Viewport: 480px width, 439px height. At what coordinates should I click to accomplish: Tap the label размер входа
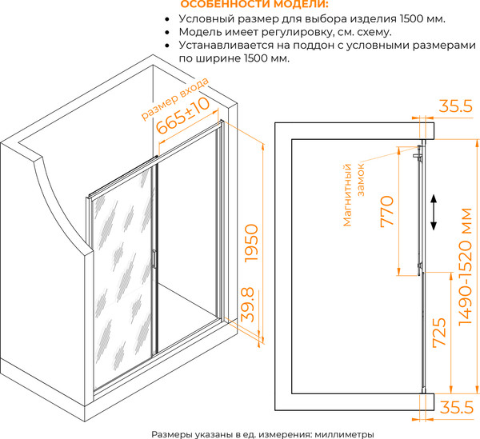pyautogui.click(x=174, y=98)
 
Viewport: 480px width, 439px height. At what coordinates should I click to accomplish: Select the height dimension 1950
pyautogui.click(x=252, y=243)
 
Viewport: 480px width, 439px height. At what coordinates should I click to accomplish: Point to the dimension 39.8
pyautogui.click(x=248, y=305)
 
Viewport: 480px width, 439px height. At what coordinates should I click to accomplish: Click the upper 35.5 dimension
pyautogui.click(x=456, y=106)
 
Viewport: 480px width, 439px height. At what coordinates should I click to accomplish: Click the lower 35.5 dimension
pyautogui.click(x=457, y=408)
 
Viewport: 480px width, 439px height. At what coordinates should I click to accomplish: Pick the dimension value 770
pyautogui.click(x=387, y=211)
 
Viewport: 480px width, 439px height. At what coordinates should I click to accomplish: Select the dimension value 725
pyautogui.click(x=439, y=333)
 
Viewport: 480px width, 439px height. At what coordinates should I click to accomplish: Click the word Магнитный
pyautogui.click(x=347, y=195)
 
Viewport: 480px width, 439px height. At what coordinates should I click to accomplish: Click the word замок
pyautogui.click(x=361, y=180)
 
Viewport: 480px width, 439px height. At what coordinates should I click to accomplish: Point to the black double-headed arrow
pyautogui.click(x=434, y=213)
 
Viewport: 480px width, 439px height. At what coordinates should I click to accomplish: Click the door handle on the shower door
pyautogui.click(x=154, y=259)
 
